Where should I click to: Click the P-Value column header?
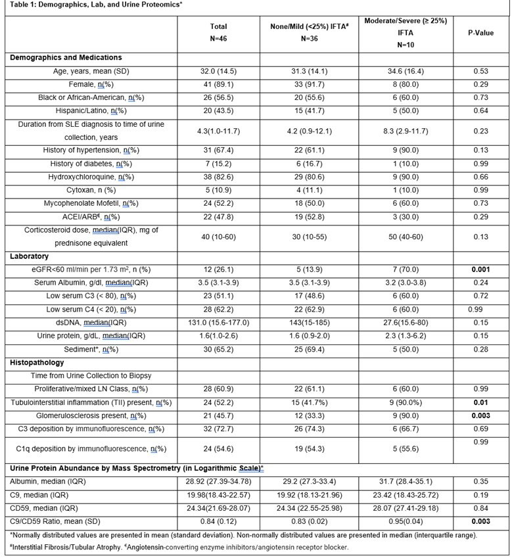point(480,32)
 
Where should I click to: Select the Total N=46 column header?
point(218,32)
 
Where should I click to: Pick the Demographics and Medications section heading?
point(65,58)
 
